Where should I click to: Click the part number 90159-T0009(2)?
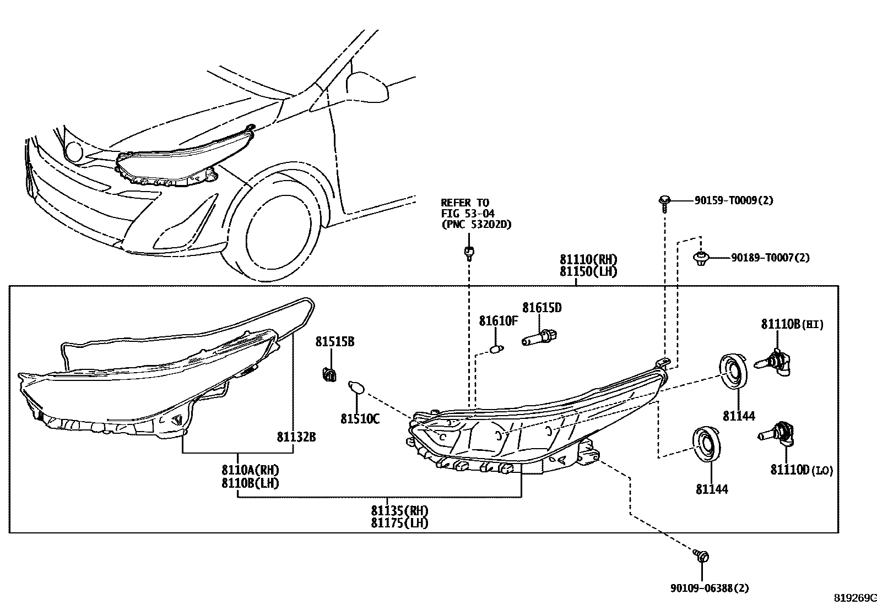tap(733, 201)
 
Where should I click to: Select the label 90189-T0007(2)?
tap(770, 258)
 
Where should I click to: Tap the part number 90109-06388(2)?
tap(710, 588)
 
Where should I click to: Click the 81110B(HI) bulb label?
tap(792, 325)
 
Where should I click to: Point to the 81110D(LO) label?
tap(802, 470)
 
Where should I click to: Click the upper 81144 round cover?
tap(734, 372)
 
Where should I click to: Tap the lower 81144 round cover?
tap(706, 443)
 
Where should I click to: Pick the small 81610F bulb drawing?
tap(496, 349)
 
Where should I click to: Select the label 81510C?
tap(360, 419)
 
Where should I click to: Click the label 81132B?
tap(296, 437)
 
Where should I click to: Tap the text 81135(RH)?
tap(399, 510)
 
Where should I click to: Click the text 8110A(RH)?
tap(250, 470)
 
